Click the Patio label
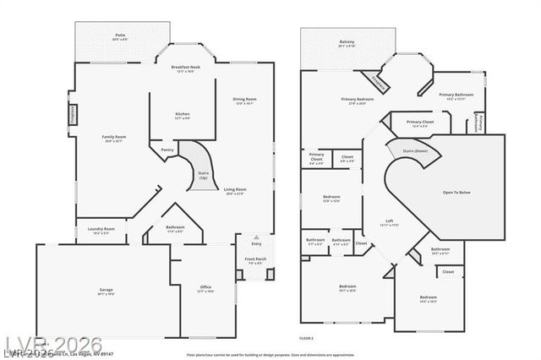pyautogui.click(x=121, y=35)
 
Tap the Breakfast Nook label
pyautogui.click(x=185, y=67)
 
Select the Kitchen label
pyautogui.click(x=182, y=114)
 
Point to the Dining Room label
pyautogui.click(x=245, y=100)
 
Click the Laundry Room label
pyautogui.click(x=102, y=228)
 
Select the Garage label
pyautogui.click(x=106, y=291)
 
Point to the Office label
pyautogui.click(x=205, y=287)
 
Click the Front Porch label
pyautogui.click(x=254, y=259)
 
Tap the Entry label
pyautogui.click(x=256, y=243)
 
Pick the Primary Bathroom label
pyautogui.click(x=458, y=95)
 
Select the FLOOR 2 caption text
pyautogui.click(x=306, y=338)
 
